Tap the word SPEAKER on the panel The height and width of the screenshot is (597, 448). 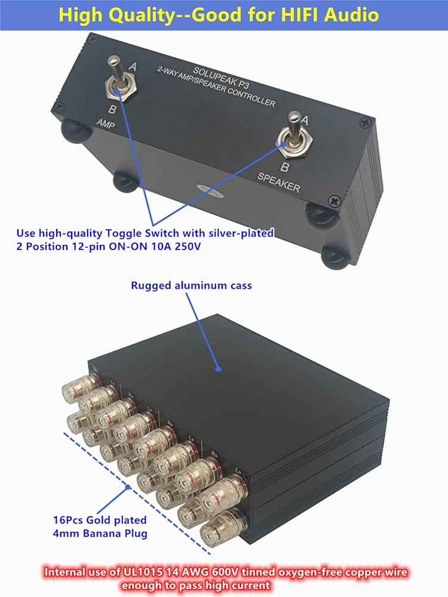279,184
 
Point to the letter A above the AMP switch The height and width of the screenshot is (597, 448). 132,67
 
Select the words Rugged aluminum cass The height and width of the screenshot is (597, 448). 191,285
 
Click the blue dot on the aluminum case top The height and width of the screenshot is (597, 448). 219,370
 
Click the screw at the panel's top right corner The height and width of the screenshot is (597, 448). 366,122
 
